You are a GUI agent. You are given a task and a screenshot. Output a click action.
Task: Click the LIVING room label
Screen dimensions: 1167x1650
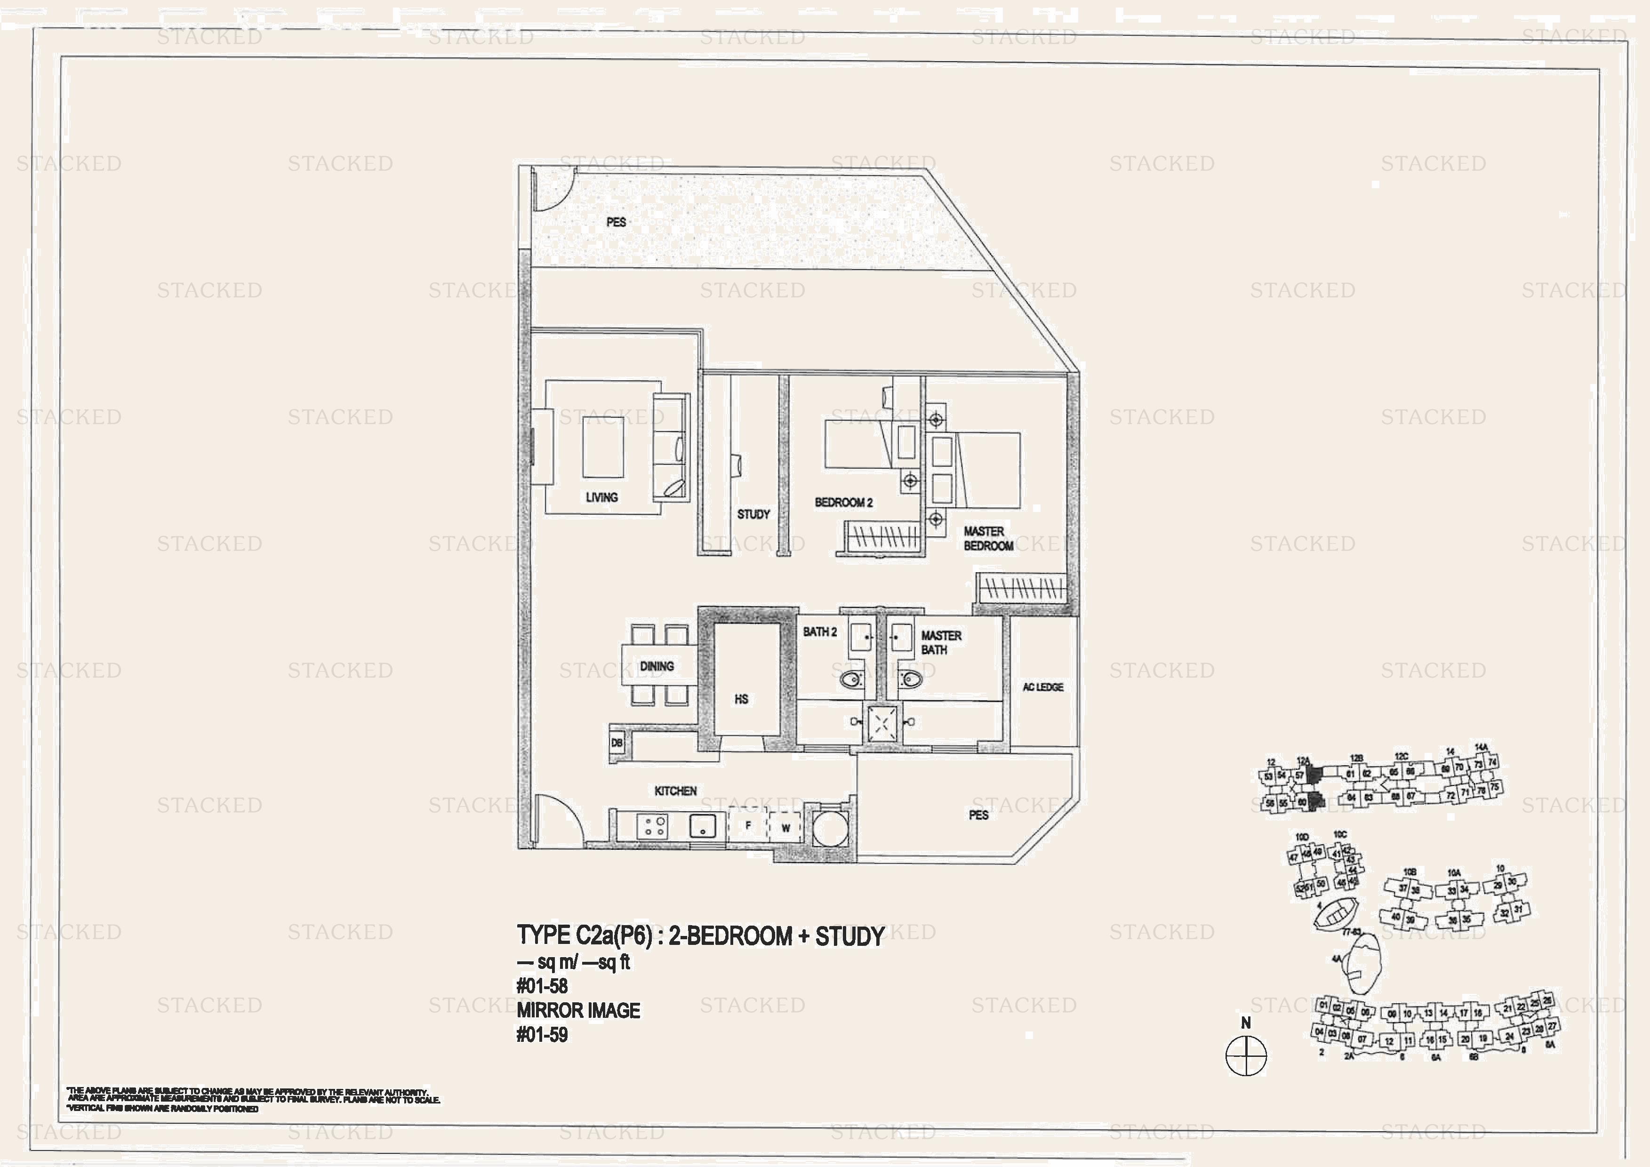601,497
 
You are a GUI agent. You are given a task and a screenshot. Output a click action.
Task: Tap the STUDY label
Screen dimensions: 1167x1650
753,514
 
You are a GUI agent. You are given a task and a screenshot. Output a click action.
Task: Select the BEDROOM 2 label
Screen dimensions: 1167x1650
843,502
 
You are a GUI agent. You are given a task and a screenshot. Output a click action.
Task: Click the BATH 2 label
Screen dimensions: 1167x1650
819,631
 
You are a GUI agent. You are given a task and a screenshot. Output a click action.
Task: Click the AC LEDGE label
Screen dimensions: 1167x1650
1043,687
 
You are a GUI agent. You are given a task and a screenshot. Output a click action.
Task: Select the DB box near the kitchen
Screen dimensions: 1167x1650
617,742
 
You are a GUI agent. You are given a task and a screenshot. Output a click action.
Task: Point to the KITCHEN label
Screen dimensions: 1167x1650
675,791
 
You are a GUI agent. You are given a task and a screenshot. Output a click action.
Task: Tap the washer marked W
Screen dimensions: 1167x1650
785,828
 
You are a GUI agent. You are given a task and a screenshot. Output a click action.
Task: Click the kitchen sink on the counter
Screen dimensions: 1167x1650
702,826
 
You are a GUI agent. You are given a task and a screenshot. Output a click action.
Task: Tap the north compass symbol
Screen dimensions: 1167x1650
1245,1055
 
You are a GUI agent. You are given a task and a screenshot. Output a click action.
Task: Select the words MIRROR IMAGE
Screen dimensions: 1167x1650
578,1010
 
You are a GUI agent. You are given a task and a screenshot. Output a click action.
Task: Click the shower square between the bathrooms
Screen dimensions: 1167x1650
882,722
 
